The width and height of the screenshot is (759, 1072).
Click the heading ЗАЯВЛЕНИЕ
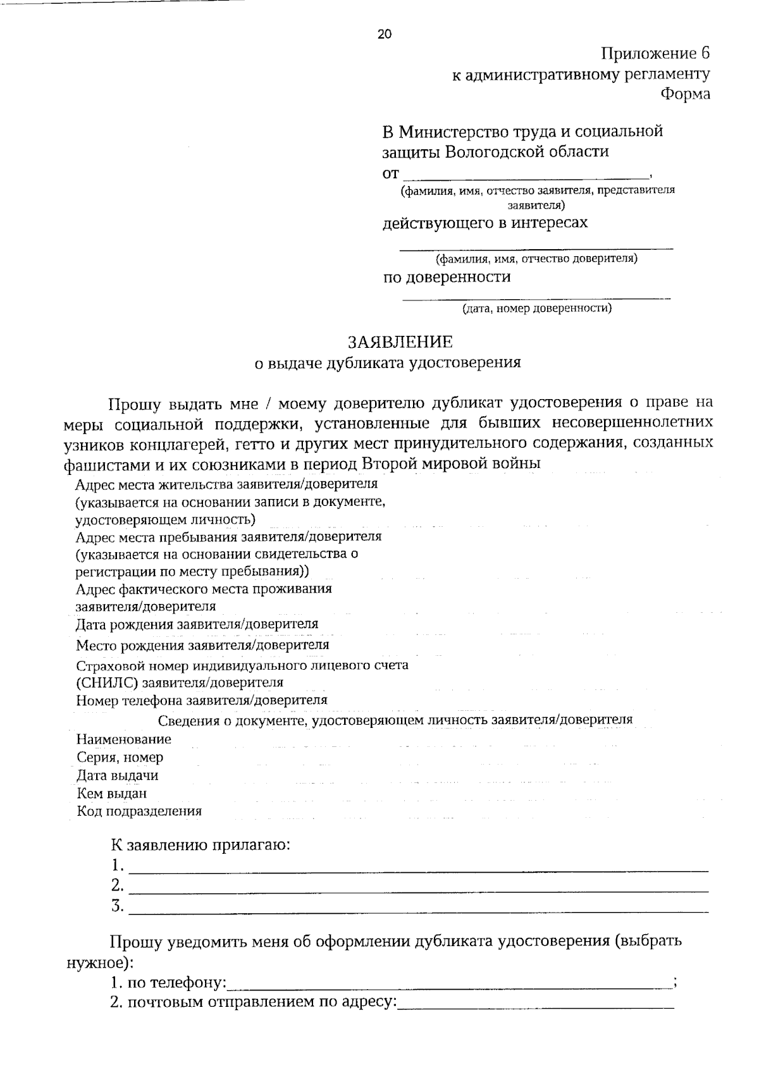click(x=400, y=342)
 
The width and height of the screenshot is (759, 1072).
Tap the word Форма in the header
click(x=685, y=94)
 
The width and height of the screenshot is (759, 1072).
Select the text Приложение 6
click(x=655, y=53)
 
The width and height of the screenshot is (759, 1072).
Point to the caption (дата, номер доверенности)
click(x=536, y=309)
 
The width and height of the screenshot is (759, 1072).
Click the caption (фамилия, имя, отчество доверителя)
click(x=536, y=259)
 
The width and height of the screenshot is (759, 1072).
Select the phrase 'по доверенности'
click(x=447, y=277)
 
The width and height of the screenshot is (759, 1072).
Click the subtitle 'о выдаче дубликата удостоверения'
click(x=387, y=363)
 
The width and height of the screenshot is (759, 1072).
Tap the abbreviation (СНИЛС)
click(x=107, y=683)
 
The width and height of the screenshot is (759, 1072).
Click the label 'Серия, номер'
click(x=120, y=757)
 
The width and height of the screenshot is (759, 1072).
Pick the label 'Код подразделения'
click(x=139, y=811)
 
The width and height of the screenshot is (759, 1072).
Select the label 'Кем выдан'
click(x=112, y=793)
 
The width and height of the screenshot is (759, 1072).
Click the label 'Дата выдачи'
click(x=117, y=775)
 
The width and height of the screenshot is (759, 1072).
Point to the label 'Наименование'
click(x=123, y=739)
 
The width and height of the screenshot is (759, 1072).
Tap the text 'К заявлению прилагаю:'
click(x=201, y=846)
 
